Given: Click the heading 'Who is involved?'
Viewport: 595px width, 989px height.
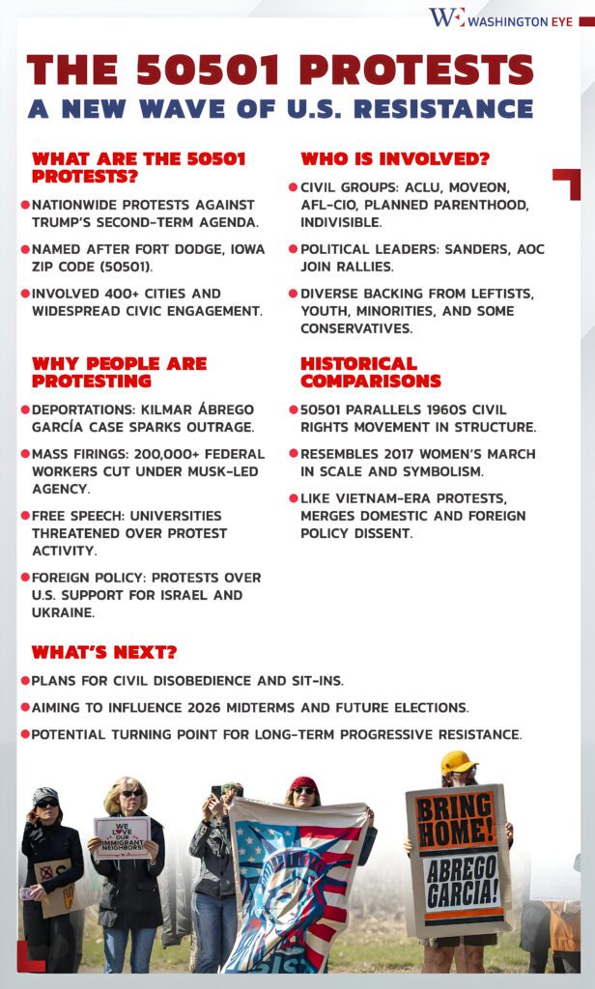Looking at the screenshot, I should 395,159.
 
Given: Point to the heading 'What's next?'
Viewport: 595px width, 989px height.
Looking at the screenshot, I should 104,652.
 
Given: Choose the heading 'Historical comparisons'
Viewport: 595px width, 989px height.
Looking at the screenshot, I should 371,372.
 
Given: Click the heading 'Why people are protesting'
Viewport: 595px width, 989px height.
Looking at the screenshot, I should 119,372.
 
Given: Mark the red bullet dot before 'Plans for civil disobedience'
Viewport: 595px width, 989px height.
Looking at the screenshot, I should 25,681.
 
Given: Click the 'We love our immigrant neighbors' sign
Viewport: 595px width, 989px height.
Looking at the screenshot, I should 122,836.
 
